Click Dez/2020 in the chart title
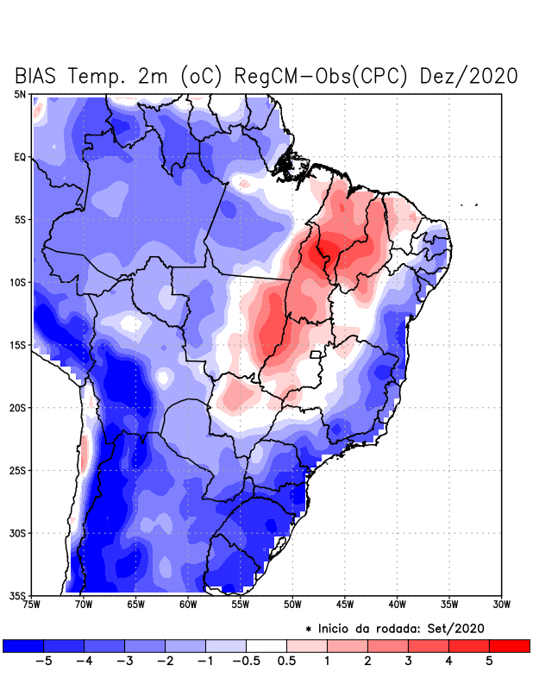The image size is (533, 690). [x=468, y=76]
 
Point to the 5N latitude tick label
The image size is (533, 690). [x=20, y=94]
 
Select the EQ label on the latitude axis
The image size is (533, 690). [x=20, y=157]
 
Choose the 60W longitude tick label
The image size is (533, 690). [x=187, y=605]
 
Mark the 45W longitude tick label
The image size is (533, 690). [x=344, y=605]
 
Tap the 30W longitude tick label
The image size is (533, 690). [x=501, y=605]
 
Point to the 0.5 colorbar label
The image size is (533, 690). [x=287, y=662]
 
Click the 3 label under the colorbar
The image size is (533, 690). [x=408, y=662]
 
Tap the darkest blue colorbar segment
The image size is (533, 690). [x=23, y=645]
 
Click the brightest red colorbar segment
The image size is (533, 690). [x=509, y=645]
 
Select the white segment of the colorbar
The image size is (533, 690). [x=266, y=645]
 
